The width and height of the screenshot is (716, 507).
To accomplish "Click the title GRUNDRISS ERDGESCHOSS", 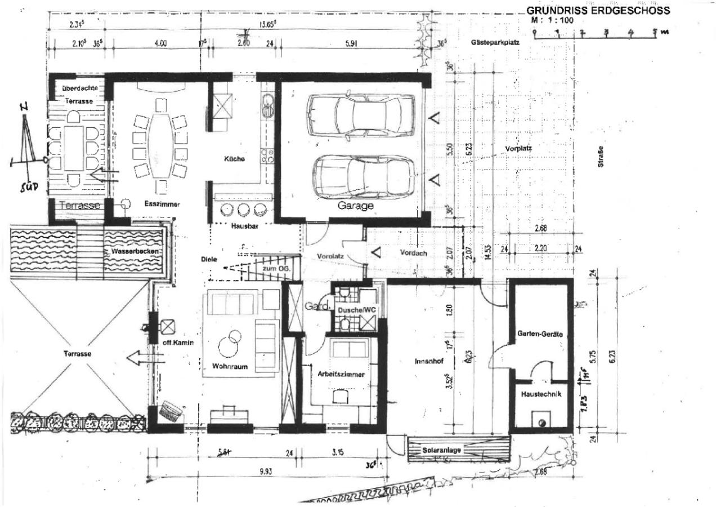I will [598, 11].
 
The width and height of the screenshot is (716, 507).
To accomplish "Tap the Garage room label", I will [355, 206].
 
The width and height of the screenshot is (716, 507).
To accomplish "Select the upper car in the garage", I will [361, 115].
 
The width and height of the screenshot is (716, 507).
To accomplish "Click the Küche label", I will [234, 159].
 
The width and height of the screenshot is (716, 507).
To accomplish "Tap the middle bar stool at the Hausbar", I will [244, 210].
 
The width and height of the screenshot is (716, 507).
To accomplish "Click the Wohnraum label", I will [230, 366].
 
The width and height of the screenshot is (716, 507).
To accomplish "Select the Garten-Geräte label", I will [540, 334].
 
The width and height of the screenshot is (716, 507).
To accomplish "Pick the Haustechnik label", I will [541, 394].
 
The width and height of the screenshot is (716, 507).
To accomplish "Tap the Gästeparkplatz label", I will [495, 42].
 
